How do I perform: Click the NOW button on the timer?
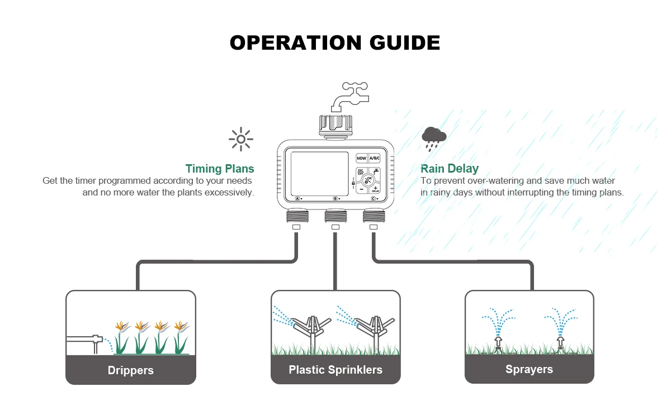[361, 159]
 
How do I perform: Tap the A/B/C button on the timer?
[375, 159]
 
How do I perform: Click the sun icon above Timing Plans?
[241, 140]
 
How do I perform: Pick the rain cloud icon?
[434, 138]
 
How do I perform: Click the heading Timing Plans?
[220, 169]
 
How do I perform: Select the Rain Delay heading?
[450, 169]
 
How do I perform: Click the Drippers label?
[131, 370]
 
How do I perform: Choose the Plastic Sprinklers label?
[335, 370]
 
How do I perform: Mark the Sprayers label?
[529, 369]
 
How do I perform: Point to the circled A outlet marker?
[298, 198]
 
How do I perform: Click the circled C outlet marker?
[374, 198]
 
